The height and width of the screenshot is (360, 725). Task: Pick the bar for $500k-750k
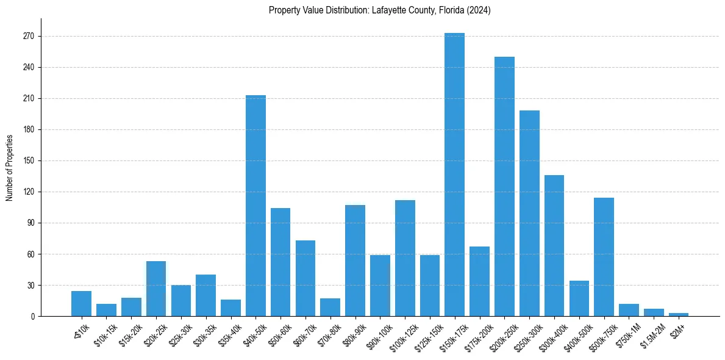[604, 257]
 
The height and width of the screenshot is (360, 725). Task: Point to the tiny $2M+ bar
[679, 314]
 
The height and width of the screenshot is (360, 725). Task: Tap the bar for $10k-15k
[106, 310]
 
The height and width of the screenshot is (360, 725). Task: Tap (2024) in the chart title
[479, 10]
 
